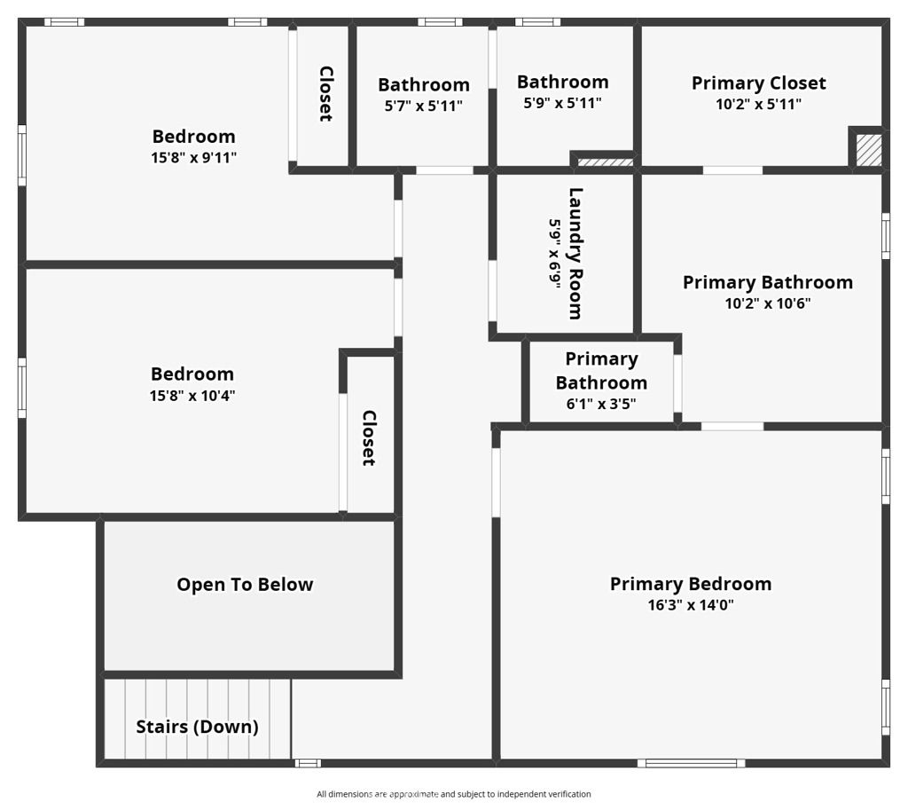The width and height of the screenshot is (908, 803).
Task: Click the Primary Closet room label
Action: [759, 83]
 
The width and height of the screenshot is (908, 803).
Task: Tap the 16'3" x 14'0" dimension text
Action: [691, 605]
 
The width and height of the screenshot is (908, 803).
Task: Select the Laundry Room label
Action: [575, 253]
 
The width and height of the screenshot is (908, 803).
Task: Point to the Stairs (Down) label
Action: [197, 727]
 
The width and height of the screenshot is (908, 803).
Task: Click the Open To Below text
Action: [245, 585]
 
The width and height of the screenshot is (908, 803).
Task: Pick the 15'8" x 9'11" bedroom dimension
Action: [194, 158]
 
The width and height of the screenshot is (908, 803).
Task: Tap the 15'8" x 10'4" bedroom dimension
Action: [192, 396]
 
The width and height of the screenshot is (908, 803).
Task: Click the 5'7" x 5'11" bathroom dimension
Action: [424, 106]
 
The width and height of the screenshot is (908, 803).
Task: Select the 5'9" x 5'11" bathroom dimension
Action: [562, 103]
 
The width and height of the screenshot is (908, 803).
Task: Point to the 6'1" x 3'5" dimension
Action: [601, 404]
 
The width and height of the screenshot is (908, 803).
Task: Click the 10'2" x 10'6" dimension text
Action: [768, 303]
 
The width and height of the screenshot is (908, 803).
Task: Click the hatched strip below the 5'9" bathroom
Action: [605, 162]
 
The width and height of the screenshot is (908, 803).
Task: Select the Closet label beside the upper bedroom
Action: [326, 94]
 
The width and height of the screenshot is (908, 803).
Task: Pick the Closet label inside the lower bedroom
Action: [369, 438]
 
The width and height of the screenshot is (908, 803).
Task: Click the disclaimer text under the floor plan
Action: [453, 794]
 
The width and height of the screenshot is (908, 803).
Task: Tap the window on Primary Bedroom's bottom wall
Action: [691, 763]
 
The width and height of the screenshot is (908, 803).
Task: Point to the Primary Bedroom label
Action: [691, 584]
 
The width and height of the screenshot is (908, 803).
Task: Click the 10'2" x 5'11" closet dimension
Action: [759, 105]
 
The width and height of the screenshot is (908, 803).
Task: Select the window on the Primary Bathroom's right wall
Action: [886, 236]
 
